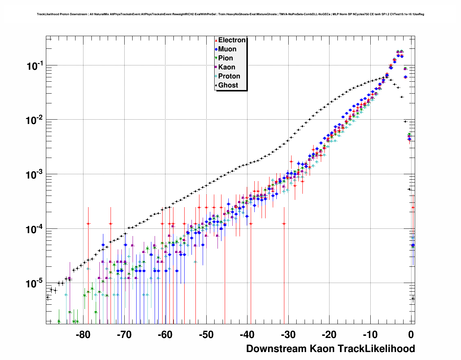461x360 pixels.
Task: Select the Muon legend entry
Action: (x=227, y=49)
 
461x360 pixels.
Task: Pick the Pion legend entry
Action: (x=225, y=58)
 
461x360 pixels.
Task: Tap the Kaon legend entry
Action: (x=227, y=67)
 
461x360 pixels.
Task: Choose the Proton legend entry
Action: (x=229, y=76)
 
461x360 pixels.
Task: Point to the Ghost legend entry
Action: (x=228, y=85)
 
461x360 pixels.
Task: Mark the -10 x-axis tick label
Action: (x=370, y=335)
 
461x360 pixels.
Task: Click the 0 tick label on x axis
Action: (x=411, y=335)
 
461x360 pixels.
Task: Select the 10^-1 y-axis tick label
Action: (x=35, y=66)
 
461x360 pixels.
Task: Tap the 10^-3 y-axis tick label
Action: (x=35, y=175)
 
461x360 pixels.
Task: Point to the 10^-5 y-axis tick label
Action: (x=35, y=283)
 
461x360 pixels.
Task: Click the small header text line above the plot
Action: (x=230, y=14)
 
